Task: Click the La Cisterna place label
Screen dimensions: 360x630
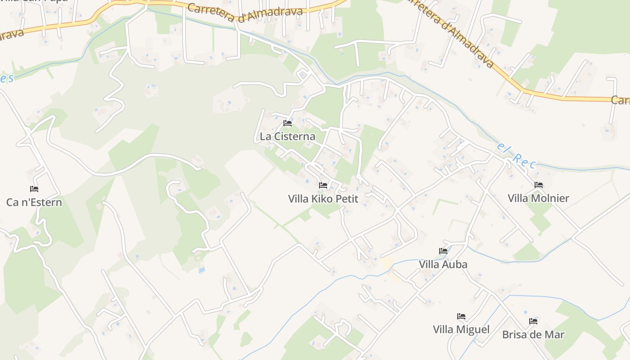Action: point(288,136)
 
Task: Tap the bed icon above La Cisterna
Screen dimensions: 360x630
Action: point(288,123)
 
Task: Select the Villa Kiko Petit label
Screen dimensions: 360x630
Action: point(323,198)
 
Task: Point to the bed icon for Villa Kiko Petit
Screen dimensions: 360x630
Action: point(323,185)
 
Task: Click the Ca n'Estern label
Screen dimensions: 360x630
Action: point(34,202)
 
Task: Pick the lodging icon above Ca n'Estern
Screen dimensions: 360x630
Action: point(34,189)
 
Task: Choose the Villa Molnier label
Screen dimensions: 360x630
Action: point(538,198)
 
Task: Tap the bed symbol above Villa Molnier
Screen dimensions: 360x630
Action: point(539,185)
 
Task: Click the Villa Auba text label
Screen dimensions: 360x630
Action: point(443,264)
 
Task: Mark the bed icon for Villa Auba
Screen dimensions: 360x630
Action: point(443,251)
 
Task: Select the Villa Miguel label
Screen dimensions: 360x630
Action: point(461,329)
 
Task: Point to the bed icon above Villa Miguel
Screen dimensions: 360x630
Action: point(461,316)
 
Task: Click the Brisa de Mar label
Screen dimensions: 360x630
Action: point(533,334)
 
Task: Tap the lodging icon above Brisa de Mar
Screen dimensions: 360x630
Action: point(533,321)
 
